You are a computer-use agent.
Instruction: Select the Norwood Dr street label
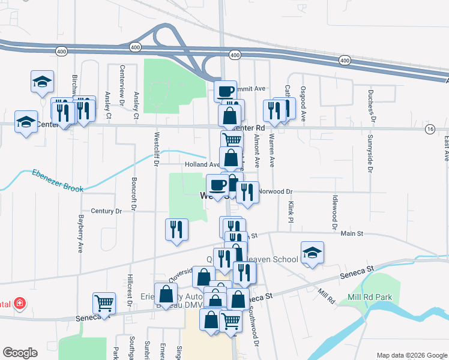click(x=277, y=192)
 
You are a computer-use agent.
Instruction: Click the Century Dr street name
click(x=106, y=211)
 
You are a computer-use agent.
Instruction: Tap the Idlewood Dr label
click(x=335, y=209)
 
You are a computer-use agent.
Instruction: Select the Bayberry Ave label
click(x=80, y=234)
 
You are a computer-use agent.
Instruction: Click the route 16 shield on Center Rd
click(x=429, y=129)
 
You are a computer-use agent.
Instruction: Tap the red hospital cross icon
click(x=20, y=304)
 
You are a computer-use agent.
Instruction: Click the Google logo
click(x=20, y=353)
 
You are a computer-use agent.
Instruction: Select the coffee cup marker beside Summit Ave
click(x=225, y=92)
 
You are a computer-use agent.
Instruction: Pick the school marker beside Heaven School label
click(x=312, y=253)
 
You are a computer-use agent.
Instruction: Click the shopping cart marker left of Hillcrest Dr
click(x=104, y=304)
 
